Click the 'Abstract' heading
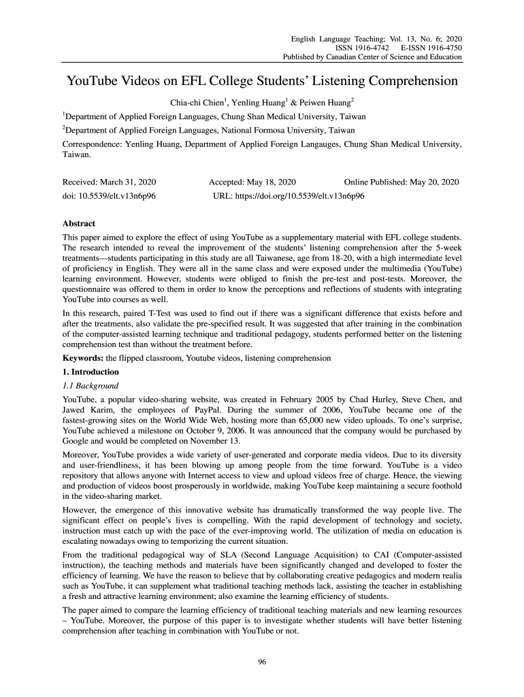[x=79, y=223]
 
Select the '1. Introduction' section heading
[x=91, y=372]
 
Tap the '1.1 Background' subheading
[x=90, y=386]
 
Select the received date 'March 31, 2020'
[x=129, y=182]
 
